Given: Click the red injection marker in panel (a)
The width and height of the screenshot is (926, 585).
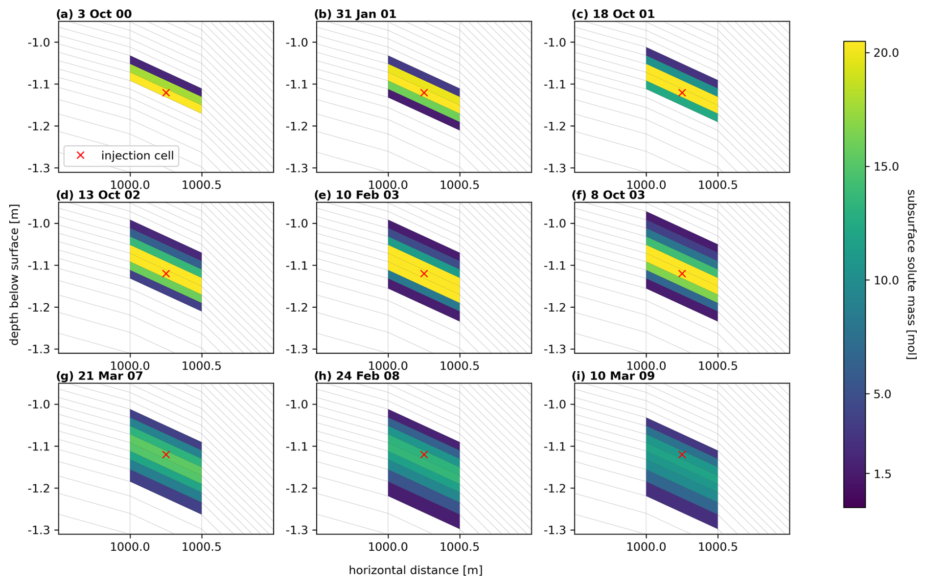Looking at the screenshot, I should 166,93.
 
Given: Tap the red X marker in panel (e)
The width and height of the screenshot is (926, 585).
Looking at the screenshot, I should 424,274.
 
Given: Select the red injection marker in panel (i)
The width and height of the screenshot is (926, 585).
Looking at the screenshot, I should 682,455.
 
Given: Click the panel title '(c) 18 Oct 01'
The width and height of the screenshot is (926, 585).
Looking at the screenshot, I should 613,14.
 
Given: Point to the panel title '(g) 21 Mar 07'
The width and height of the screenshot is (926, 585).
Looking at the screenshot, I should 99,376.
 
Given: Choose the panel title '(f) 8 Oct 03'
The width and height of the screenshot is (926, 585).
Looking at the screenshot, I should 608,195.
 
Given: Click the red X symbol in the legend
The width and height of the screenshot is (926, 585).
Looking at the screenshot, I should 81,156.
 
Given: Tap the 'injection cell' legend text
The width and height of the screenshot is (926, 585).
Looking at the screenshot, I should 137,156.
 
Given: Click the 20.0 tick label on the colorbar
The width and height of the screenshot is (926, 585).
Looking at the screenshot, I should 886,53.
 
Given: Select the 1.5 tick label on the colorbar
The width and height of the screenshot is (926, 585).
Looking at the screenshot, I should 882,474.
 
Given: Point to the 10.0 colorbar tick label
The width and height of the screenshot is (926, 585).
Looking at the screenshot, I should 886,281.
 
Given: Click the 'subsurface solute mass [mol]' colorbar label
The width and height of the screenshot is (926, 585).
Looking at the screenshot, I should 911,274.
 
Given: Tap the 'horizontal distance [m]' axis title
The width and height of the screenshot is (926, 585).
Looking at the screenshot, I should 416,570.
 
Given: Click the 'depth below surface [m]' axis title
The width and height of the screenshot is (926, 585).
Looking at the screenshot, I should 15,274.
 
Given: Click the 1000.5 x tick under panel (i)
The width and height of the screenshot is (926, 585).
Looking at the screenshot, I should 718,547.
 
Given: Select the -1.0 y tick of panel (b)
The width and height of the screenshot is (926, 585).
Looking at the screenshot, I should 297,43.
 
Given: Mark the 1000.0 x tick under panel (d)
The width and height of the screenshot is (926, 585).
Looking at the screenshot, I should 130,366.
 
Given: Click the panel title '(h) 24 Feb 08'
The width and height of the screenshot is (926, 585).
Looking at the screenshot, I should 357,376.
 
